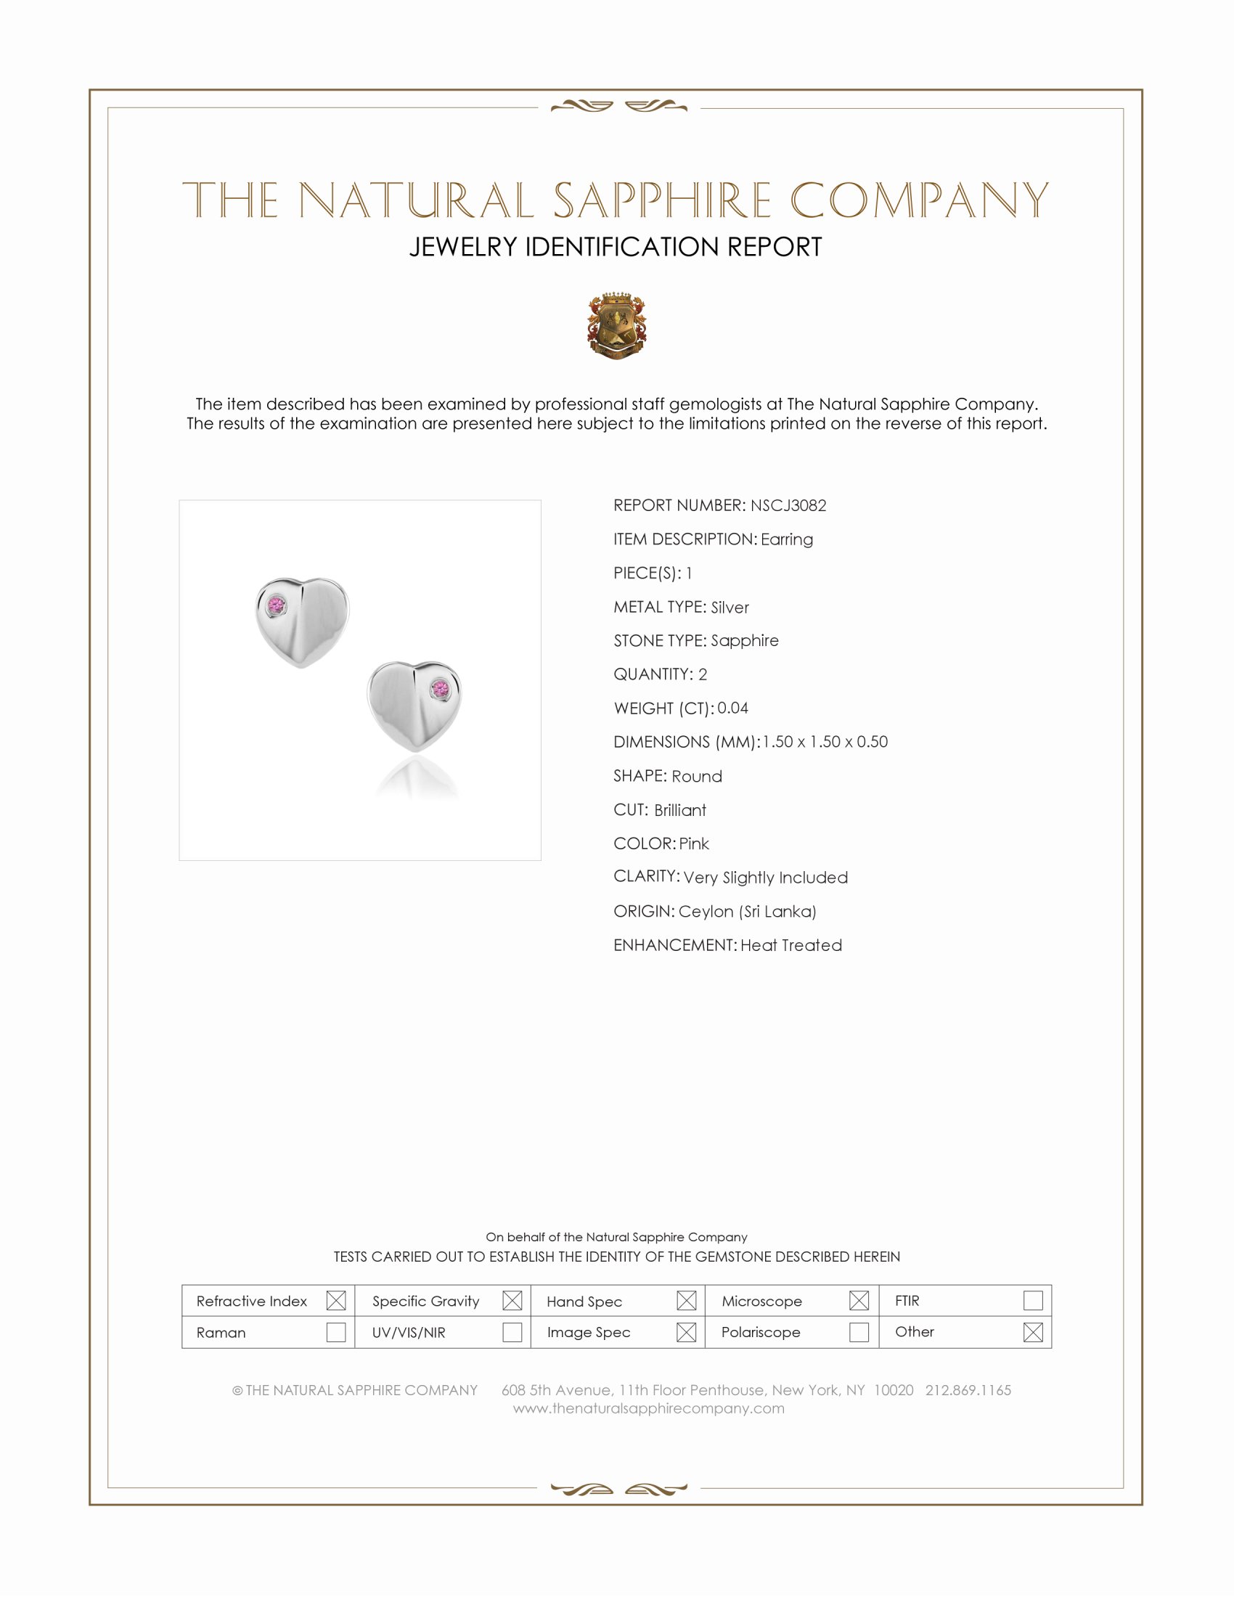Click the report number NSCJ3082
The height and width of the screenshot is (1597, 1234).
788,505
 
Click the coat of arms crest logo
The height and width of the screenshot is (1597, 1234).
617,326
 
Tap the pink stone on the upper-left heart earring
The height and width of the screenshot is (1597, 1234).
277,605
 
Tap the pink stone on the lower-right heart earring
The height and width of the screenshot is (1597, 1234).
440,688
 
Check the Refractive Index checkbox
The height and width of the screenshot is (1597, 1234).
335,1300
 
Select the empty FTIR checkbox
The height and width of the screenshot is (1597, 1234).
1032,1300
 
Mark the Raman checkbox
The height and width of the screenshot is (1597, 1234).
335,1331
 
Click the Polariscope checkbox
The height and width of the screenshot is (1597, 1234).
859,1331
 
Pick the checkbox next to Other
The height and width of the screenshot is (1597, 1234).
1032,1331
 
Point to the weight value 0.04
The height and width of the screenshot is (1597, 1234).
732,708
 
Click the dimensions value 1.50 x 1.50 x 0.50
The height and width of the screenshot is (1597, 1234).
825,741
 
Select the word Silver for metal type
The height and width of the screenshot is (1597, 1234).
730,607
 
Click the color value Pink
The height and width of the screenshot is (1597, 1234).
694,843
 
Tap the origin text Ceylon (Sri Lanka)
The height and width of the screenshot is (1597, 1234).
747,911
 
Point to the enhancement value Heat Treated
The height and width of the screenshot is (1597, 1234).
791,944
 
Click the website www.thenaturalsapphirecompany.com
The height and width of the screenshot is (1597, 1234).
648,1408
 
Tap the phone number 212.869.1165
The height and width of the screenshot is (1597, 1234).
968,1389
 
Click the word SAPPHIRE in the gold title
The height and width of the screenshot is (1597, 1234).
661,200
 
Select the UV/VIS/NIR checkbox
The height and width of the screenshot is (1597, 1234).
512,1331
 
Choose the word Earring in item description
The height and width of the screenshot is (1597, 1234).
787,539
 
